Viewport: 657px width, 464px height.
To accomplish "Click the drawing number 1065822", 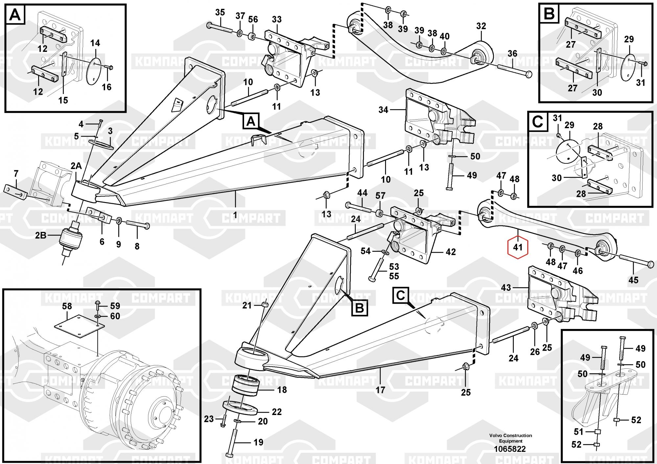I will [x=510, y=449].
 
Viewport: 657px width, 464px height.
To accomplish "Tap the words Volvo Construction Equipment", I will [x=510, y=438].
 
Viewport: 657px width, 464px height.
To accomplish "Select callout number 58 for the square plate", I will [x=67, y=307].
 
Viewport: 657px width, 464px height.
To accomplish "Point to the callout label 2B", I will [x=41, y=235].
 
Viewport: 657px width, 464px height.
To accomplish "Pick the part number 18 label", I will [x=282, y=390].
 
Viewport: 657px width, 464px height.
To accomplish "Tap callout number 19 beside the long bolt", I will [x=258, y=442].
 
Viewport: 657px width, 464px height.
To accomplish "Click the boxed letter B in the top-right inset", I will [x=550, y=14].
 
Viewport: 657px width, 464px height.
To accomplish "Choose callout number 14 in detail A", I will [x=95, y=43].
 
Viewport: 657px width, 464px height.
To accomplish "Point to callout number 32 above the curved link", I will [x=481, y=26].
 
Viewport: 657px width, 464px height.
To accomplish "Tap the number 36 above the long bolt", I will [x=512, y=54].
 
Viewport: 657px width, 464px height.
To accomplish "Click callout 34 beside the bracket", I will [x=383, y=110].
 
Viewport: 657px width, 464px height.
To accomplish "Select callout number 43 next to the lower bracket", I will [x=506, y=288].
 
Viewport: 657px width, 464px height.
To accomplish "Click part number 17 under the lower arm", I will [x=380, y=390].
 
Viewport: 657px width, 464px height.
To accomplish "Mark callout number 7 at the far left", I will [x=16, y=173].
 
